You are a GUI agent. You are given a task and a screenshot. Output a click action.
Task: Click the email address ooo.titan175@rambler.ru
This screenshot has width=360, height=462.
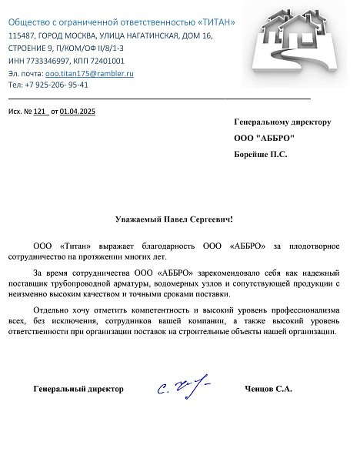click(x=90, y=73)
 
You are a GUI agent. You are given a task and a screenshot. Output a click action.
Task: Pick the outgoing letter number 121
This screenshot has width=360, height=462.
click(x=40, y=112)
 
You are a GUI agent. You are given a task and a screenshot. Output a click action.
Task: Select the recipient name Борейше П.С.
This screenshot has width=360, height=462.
click(x=261, y=155)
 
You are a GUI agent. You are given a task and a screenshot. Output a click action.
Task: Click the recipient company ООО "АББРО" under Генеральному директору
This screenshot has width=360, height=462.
click(x=265, y=139)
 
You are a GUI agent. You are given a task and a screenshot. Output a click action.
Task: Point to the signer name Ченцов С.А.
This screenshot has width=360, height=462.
click(x=268, y=390)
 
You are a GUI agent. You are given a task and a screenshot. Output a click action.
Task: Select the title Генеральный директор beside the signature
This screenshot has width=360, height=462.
click(x=78, y=390)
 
